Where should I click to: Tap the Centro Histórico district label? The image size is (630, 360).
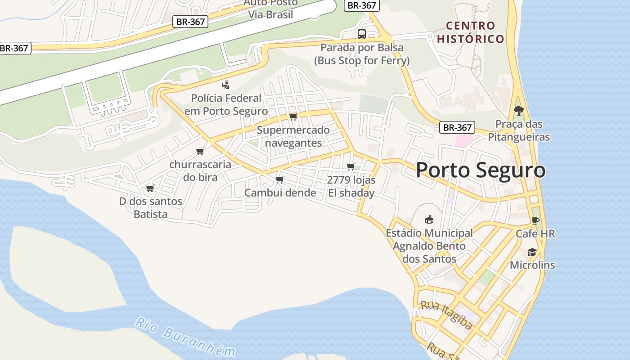coord(471,32)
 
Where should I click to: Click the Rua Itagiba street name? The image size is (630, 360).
coord(446,315)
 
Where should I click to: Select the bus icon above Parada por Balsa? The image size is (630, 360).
coord(361,34)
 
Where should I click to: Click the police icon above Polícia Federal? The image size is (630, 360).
coord(226,85)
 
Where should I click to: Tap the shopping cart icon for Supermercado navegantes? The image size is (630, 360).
coord(293,117)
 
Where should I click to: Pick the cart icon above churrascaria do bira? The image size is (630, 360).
coord(200,151)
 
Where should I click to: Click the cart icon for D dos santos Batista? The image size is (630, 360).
coord(150,188)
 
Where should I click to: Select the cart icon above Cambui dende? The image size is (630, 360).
coord(279,180)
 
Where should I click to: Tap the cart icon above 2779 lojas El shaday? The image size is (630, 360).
coord(351,166)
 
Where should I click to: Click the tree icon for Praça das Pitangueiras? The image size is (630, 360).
coord(519,110)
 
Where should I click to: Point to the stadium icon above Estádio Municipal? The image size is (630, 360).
coord(429,220)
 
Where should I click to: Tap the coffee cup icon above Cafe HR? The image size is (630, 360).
coord(535,220)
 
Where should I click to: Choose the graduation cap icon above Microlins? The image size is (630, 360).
coord(532,252)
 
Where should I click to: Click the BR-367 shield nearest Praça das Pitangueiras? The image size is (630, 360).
coord(457,127)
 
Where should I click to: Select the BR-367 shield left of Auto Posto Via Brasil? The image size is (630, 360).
coord(190,21)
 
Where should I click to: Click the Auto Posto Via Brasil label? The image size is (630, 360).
coord(270,9)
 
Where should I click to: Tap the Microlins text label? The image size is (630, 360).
coord(532,265)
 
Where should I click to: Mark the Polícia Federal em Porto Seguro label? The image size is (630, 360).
coord(226,104)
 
